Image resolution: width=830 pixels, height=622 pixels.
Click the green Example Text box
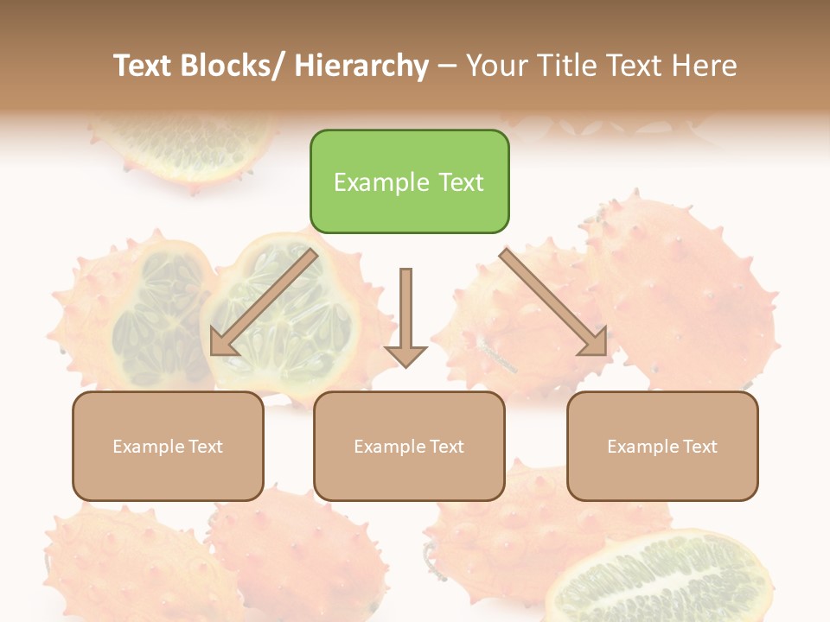click(409, 181)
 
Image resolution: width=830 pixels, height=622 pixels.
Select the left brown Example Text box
click(168, 446)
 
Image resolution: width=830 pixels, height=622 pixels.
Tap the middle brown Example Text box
click(409, 446)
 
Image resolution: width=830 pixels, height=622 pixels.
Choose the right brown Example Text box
click(662, 446)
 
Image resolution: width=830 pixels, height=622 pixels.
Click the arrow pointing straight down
click(405, 315)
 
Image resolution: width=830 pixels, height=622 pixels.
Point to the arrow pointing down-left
click(264, 302)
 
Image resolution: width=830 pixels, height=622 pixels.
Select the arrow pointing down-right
click(554, 302)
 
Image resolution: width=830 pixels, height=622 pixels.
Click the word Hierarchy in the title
click(361, 66)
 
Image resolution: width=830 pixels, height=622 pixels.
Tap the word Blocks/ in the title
click(233, 66)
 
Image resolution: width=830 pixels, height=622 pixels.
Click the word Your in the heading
click(497, 66)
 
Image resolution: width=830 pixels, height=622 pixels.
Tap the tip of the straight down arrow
click(405, 367)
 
